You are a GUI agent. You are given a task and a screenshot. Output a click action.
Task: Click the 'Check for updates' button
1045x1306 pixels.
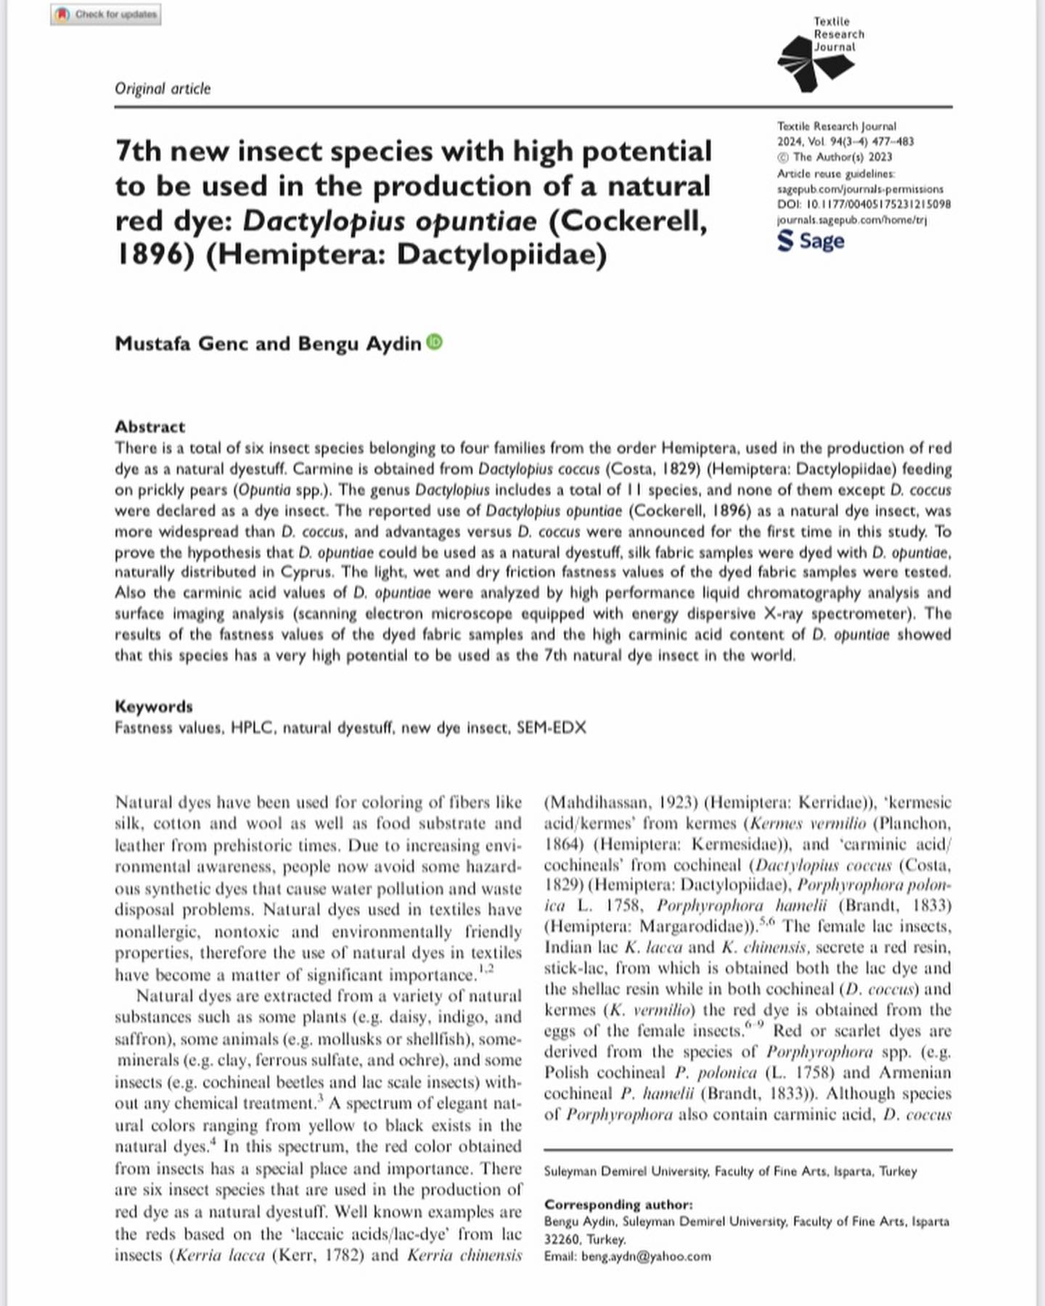(x=106, y=15)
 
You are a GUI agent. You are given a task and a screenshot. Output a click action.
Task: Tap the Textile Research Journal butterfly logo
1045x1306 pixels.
(x=814, y=65)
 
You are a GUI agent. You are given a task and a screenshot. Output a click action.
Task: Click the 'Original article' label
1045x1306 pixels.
(x=163, y=89)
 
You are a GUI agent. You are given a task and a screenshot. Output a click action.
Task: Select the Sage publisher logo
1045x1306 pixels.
(x=811, y=241)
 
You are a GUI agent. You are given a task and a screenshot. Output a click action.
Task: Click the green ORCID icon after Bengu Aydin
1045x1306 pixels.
(x=434, y=342)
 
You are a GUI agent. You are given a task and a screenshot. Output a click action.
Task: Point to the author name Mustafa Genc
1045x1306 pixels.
(x=181, y=343)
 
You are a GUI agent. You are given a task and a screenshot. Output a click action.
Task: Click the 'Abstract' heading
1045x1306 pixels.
(x=149, y=427)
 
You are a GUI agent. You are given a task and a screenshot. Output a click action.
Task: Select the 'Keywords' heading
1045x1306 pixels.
(x=154, y=707)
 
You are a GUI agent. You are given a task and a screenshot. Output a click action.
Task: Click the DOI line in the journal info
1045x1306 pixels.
(x=864, y=205)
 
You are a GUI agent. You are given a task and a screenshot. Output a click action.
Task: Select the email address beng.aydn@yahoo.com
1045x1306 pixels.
(x=646, y=1257)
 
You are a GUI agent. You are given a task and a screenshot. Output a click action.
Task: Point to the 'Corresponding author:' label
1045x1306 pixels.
(x=618, y=1204)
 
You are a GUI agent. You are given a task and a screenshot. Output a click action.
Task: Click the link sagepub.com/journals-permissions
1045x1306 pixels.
(x=860, y=189)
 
